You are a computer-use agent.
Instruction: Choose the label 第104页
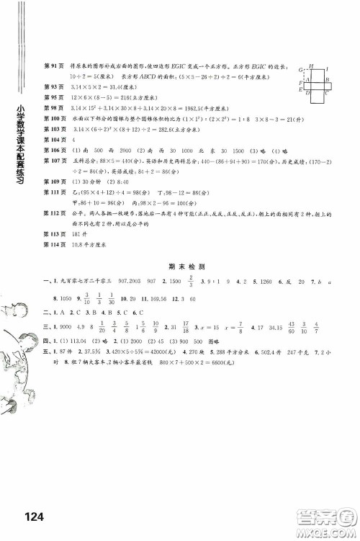point(55,138)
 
